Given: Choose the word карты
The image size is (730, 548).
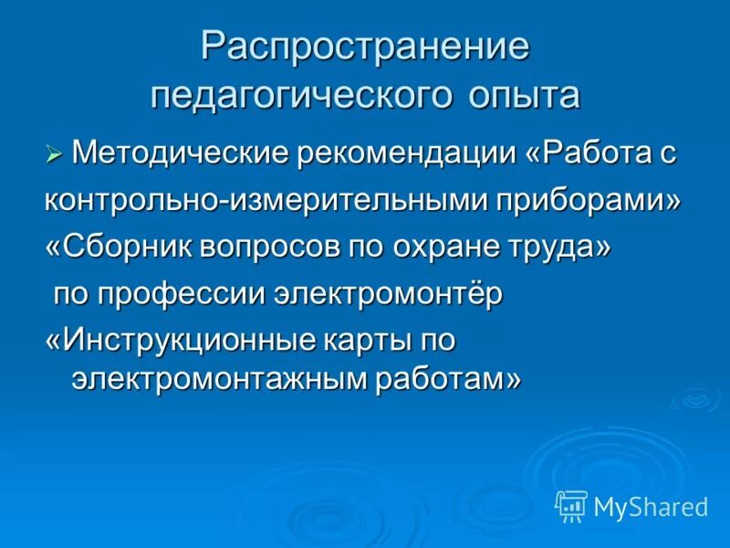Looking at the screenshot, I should pos(366,342).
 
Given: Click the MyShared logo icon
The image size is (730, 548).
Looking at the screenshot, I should pos(571,505).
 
